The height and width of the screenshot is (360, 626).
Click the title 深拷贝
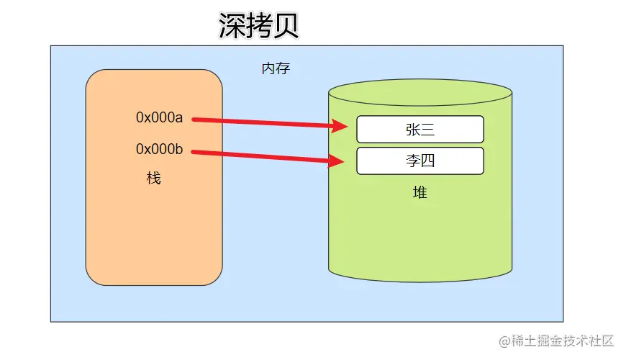[258, 26]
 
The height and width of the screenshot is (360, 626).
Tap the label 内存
[276, 69]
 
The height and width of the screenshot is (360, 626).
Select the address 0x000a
[160, 117]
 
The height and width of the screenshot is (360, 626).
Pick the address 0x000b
[160, 149]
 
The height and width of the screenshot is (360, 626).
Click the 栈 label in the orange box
[153, 178]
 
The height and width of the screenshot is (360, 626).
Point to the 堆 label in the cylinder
[419, 193]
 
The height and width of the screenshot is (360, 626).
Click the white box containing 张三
[419, 130]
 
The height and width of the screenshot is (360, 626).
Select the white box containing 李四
[419, 161]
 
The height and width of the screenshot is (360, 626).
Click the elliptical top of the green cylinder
[419, 92]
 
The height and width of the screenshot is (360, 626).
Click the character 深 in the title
[232, 26]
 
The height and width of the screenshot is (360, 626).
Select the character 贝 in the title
[285, 26]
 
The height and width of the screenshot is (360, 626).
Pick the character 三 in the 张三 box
[427, 130]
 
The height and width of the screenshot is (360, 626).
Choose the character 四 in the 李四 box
[427, 161]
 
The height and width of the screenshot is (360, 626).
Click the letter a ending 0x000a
[179, 117]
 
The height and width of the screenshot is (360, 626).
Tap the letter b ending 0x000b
[179, 149]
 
